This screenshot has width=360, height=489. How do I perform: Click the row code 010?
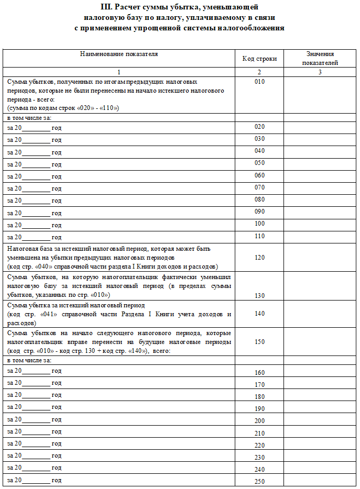click(x=259, y=82)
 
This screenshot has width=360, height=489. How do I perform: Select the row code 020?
click(x=259, y=127)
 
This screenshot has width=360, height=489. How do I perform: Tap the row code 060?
click(x=259, y=175)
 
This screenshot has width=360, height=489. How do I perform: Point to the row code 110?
click(x=259, y=236)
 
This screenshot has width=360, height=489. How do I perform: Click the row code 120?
click(x=259, y=258)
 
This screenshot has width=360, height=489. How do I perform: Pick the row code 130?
click(x=259, y=295)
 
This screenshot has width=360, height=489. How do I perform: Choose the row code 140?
click(x=259, y=314)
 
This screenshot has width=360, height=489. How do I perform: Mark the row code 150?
click(x=259, y=341)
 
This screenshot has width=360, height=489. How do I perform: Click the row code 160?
click(x=259, y=373)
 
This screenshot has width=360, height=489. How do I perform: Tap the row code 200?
click(x=259, y=421)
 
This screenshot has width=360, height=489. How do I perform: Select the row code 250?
click(x=259, y=481)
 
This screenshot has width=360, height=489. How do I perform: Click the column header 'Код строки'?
click(x=259, y=59)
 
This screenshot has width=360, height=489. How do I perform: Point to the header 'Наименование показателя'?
click(x=119, y=53)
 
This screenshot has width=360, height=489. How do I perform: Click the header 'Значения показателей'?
click(x=320, y=58)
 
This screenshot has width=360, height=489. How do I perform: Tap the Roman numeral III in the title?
click(x=106, y=7)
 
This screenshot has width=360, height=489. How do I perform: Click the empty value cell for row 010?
click(x=320, y=95)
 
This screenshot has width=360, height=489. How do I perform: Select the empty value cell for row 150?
click(x=320, y=342)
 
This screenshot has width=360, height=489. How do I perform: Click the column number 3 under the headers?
click(x=320, y=72)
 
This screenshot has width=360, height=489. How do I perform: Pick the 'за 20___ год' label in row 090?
click(x=35, y=213)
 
